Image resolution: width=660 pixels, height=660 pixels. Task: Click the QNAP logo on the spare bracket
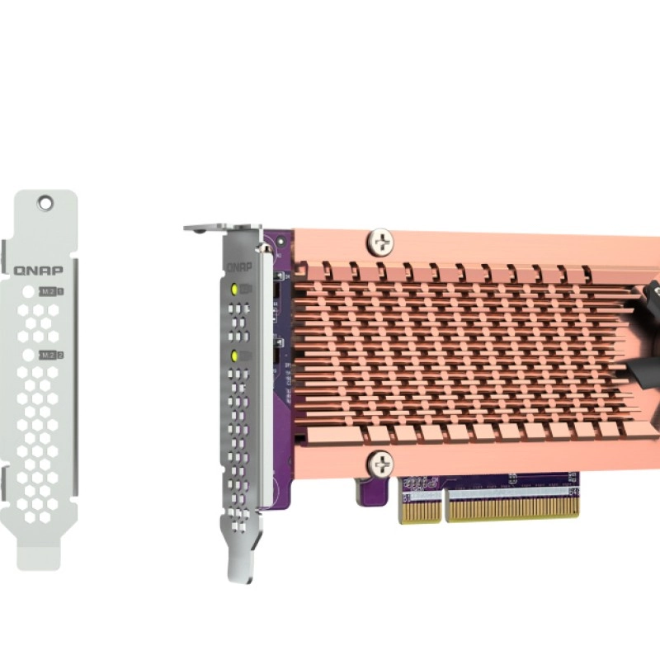(x=40, y=270)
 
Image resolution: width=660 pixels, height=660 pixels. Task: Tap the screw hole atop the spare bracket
(x=46, y=200)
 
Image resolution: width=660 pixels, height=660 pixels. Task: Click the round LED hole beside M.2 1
(x=28, y=292)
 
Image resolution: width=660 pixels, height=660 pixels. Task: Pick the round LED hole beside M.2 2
(x=28, y=355)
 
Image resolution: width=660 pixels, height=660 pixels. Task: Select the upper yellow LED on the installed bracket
(x=235, y=290)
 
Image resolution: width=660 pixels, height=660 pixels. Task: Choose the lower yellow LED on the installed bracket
(x=235, y=356)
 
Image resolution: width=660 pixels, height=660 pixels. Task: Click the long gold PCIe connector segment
(x=512, y=505)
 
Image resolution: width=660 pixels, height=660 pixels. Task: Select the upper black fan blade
(x=651, y=301)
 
